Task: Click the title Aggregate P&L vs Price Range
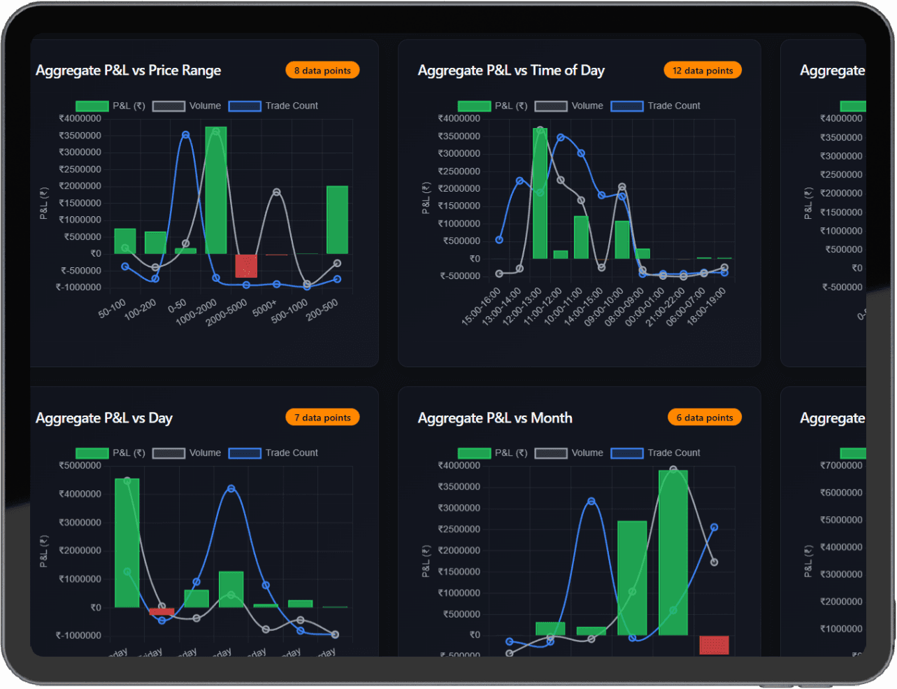pyautogui.click(x=128, y=71)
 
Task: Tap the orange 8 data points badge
pyautogui.click(x=322, y=71)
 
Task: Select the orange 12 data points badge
pyautogui.click(x=702, y=71)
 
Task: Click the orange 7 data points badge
pyautogui.click(x=322, y=418)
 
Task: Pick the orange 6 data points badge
pyautogui.click(x=704, y=418)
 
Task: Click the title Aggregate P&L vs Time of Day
pyautogui.click(x=511, y=71)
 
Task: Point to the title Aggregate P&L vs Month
pyautogui.click(x=495, y=418)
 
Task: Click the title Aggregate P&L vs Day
pyautogui.click(x=104, y=418)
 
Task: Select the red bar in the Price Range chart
pyautogui.click(x=246, y=266)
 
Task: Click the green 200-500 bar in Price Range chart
pyautogui.click(x=337, y=220)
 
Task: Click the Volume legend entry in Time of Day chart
pyautogui.click(x=569, y=106)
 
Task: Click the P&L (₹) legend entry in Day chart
pyautogui.click(x=110, y=453)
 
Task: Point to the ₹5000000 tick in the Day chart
pyautogui.click(x=80, y=466)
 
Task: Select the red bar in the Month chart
pyautogui.click(x=714, y=645)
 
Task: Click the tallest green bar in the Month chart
pyautogui.click(x=673, y=553)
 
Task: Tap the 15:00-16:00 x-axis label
pyautogui.click(x=481, y=306)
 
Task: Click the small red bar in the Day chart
pyautogui.click(x=162, y=611)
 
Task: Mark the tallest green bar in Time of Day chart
pyautogui.click(x=540, y=194)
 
